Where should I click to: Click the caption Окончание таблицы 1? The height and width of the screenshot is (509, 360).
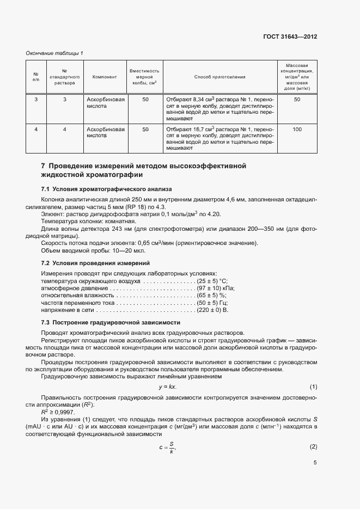coord(54,53)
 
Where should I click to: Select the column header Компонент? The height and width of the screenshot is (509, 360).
coord(105,77)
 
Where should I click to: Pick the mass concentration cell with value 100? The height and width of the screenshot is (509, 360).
coord(297,130)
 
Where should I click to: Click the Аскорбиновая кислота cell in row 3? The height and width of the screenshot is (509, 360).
coord(106,103)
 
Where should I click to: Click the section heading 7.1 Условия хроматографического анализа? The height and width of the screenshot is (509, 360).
coord(106,189)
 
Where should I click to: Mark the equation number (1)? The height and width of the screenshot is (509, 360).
coord(313,387)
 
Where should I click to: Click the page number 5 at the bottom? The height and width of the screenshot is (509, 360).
coord(315,463)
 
